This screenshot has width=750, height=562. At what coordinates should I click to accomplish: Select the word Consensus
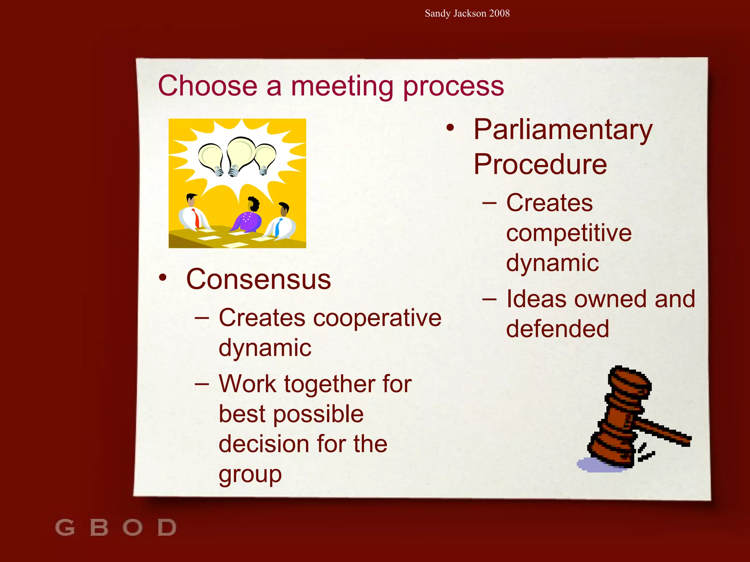coord(259,279)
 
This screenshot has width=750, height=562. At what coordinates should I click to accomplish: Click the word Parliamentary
coord(563,131)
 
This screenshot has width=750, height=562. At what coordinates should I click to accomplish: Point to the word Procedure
coord(540,164)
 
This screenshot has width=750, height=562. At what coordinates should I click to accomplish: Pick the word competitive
coord(569,233)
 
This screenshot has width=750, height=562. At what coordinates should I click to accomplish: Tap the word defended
coord(557,329)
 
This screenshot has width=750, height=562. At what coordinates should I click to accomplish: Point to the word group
coord(250,475)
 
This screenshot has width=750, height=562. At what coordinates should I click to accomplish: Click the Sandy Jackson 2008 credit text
coord(467,14)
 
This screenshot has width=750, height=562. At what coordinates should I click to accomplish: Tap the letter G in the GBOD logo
coord(65,527)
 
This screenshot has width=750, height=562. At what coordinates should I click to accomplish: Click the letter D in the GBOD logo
coord(167,527)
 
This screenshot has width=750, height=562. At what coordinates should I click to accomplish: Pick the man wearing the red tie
coord(193,214)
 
